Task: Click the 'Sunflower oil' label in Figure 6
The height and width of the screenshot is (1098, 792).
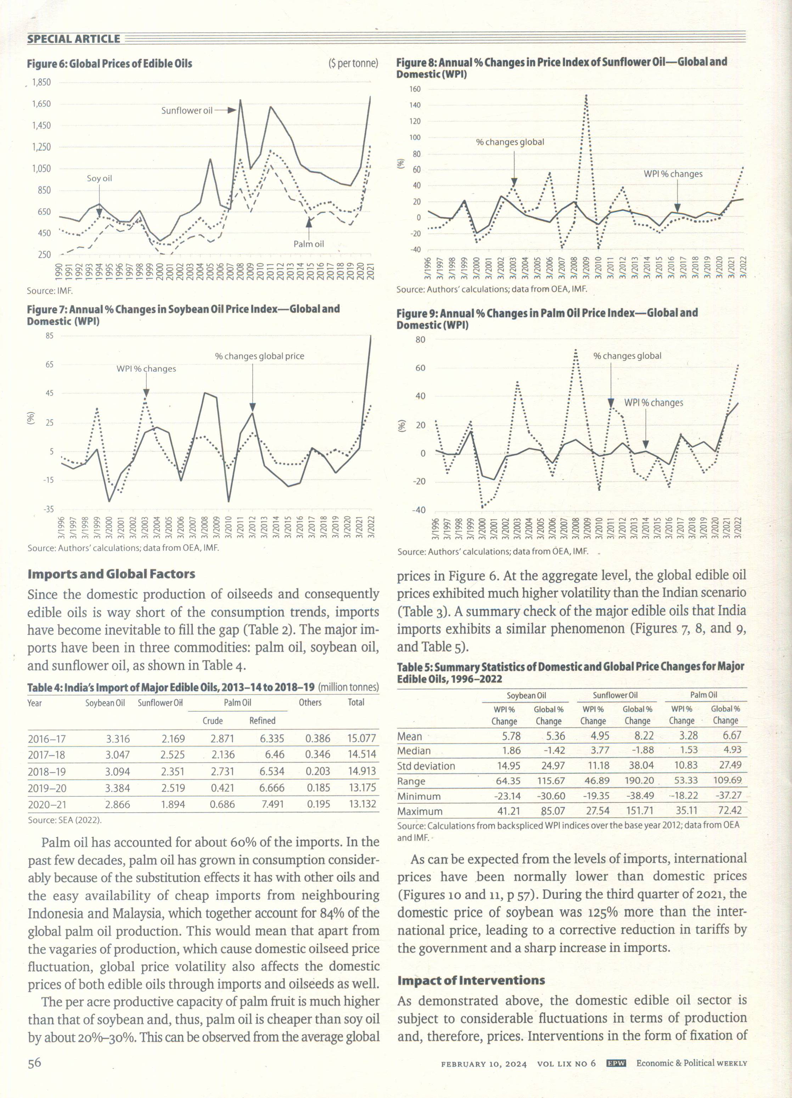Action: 187,110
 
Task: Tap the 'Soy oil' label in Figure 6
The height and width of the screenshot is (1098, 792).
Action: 99,178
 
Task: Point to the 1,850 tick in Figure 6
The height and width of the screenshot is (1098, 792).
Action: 41,82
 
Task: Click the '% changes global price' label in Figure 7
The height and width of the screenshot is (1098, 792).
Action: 259,356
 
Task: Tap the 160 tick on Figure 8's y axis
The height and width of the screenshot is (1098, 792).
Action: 415,89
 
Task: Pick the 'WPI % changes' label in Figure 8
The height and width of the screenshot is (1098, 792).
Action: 673,174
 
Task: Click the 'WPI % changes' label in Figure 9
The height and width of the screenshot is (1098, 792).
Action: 653,403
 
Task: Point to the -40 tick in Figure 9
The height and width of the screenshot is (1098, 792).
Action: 419,510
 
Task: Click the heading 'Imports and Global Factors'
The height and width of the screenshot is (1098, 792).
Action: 111,574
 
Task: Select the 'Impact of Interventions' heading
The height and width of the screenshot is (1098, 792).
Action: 471,980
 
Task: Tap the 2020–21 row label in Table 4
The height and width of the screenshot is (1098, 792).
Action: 47,805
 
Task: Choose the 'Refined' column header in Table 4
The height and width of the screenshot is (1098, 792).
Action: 262,721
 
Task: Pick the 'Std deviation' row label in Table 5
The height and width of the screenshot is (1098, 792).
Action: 426,766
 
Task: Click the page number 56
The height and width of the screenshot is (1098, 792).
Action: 34,1063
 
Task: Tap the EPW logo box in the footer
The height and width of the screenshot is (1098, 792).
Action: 616,1064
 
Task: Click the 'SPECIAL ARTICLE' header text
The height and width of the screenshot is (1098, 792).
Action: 74,39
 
